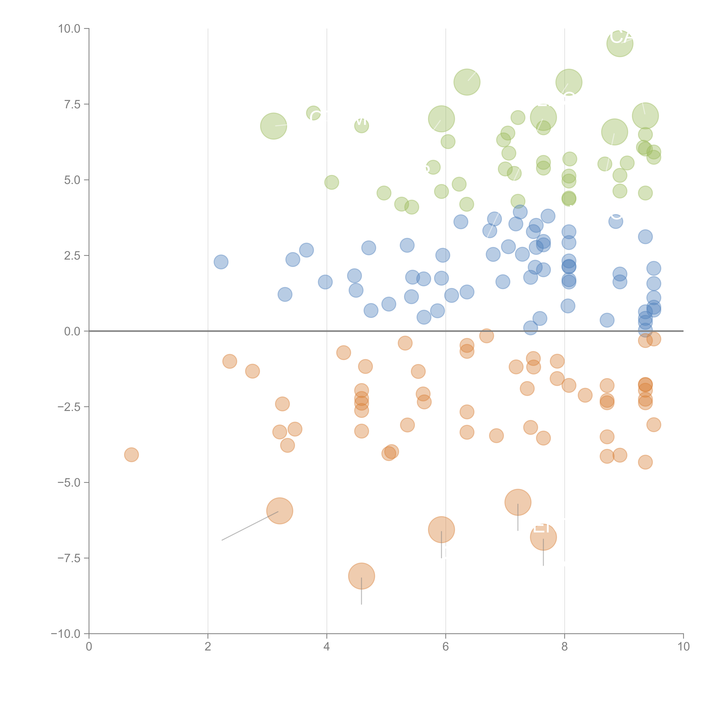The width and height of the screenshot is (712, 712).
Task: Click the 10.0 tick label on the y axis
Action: coord(69,29)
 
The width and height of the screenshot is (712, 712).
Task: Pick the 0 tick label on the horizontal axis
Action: coord(89,647)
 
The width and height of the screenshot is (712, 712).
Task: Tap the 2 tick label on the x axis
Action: coord(208,647)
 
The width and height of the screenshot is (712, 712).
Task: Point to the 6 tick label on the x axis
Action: coord(446,647)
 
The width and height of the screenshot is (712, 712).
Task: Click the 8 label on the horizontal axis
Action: coord(565,647)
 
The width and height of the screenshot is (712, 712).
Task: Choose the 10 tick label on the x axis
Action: coord(683,647)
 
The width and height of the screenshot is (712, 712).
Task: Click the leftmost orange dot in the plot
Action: coord(131,455)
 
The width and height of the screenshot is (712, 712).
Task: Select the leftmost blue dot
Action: coord(221,262)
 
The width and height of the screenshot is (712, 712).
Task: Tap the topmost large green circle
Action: coord(620,43)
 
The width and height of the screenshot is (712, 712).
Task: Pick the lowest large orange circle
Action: coord(362,576)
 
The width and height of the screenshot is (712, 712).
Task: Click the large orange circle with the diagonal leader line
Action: coord(280,511)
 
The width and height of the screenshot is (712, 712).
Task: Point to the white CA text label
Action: coord(621,37)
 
